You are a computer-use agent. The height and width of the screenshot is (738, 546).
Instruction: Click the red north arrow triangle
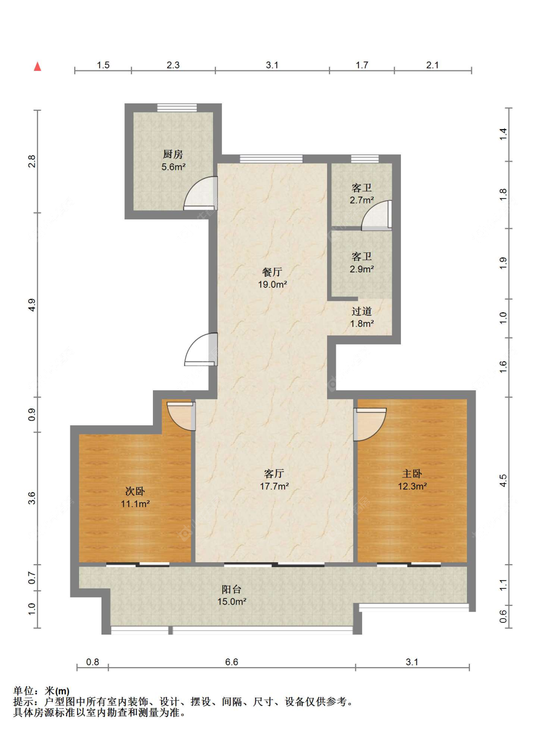tap(37, 67)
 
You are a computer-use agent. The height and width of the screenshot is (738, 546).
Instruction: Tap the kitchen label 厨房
tap(173, 154)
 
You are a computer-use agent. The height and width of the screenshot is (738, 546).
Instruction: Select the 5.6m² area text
tap(173, 167)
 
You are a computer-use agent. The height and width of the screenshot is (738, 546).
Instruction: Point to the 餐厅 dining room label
tap(272, 272)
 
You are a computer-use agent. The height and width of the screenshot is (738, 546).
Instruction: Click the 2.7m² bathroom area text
tap(362, 201)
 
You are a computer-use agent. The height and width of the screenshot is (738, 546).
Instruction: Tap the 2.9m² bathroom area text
tap(362, 269)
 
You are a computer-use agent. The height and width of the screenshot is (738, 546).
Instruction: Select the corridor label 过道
tap(362, 311)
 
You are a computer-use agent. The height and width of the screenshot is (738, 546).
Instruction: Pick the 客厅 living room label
tap(274, 473)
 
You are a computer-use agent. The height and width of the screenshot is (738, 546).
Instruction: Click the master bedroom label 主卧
tap(412, 473)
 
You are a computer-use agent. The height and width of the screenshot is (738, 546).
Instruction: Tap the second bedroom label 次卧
tap(135, 491)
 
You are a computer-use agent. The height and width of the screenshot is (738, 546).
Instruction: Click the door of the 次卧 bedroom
tap(181, 416)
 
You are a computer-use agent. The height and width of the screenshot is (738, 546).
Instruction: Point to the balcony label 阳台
tap(232, 589)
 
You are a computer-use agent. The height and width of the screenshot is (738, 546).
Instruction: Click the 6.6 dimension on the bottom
tap(232, 662)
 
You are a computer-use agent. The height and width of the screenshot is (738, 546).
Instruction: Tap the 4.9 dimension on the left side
tap(32, 305)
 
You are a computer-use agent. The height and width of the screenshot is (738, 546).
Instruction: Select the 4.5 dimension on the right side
tap(503, 481)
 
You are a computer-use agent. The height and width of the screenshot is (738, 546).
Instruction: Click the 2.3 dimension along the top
tap(173, 65)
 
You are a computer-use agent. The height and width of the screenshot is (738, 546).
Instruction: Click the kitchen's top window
tap(177, 107)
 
